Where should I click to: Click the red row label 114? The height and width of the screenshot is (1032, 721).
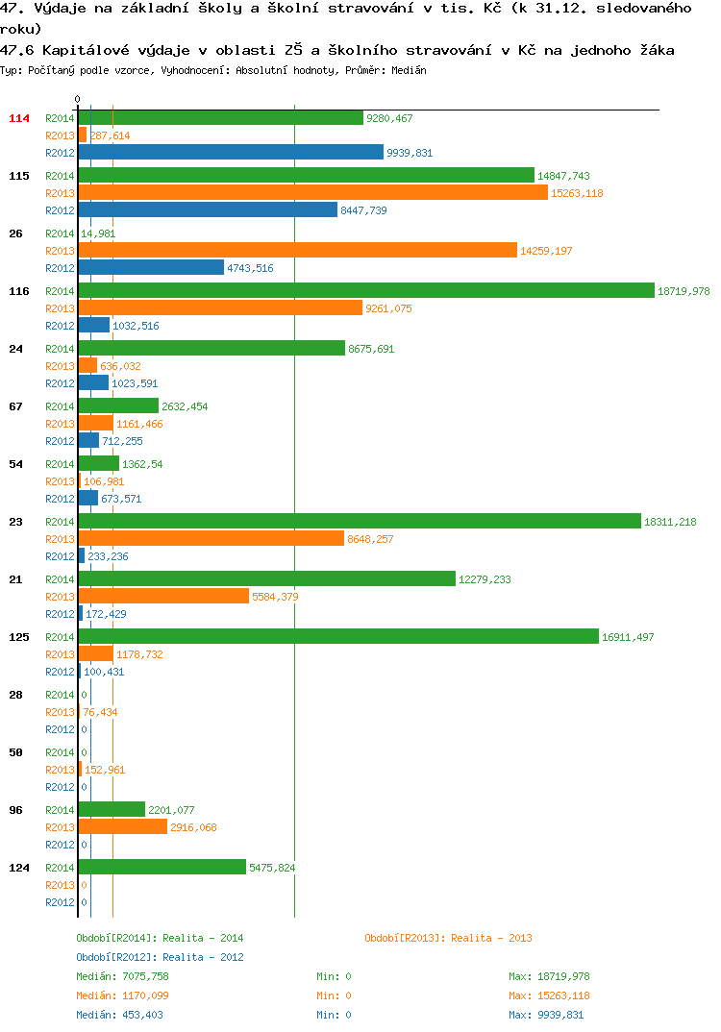click(19, 118)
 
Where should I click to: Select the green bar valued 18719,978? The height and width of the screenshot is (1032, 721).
click(367, 290)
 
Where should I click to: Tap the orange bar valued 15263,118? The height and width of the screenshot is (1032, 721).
click(313, 192)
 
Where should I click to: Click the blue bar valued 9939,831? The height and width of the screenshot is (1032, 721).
click(231, 152)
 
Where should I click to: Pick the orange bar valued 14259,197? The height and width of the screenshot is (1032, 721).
click(298, 250)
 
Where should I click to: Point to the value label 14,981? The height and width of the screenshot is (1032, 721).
click(98, 233)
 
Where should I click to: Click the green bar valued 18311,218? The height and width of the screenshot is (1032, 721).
click(360, 521)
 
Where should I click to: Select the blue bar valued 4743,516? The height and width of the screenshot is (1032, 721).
click(152, 267)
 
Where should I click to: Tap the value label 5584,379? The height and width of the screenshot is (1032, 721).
click(275, 597)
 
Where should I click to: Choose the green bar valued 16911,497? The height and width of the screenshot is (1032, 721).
click(339, 636)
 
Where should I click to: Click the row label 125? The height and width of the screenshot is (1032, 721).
click(19, 637)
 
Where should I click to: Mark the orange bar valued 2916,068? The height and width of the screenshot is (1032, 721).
click(123, 826)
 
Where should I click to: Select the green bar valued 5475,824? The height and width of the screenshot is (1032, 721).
click(162, 867)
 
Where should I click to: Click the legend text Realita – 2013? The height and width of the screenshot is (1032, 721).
click(492, 938)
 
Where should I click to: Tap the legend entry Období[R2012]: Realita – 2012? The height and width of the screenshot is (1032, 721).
click(160, 957)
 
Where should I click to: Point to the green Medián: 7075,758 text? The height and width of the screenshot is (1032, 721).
click(122, 976)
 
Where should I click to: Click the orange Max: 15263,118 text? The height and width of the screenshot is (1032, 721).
click(549, 995)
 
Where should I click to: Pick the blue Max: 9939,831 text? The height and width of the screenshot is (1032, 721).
click(546, 1015)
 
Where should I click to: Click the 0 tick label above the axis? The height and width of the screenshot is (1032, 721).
click(77, 99)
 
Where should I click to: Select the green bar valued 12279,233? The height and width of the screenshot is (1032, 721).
click(267, 578)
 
